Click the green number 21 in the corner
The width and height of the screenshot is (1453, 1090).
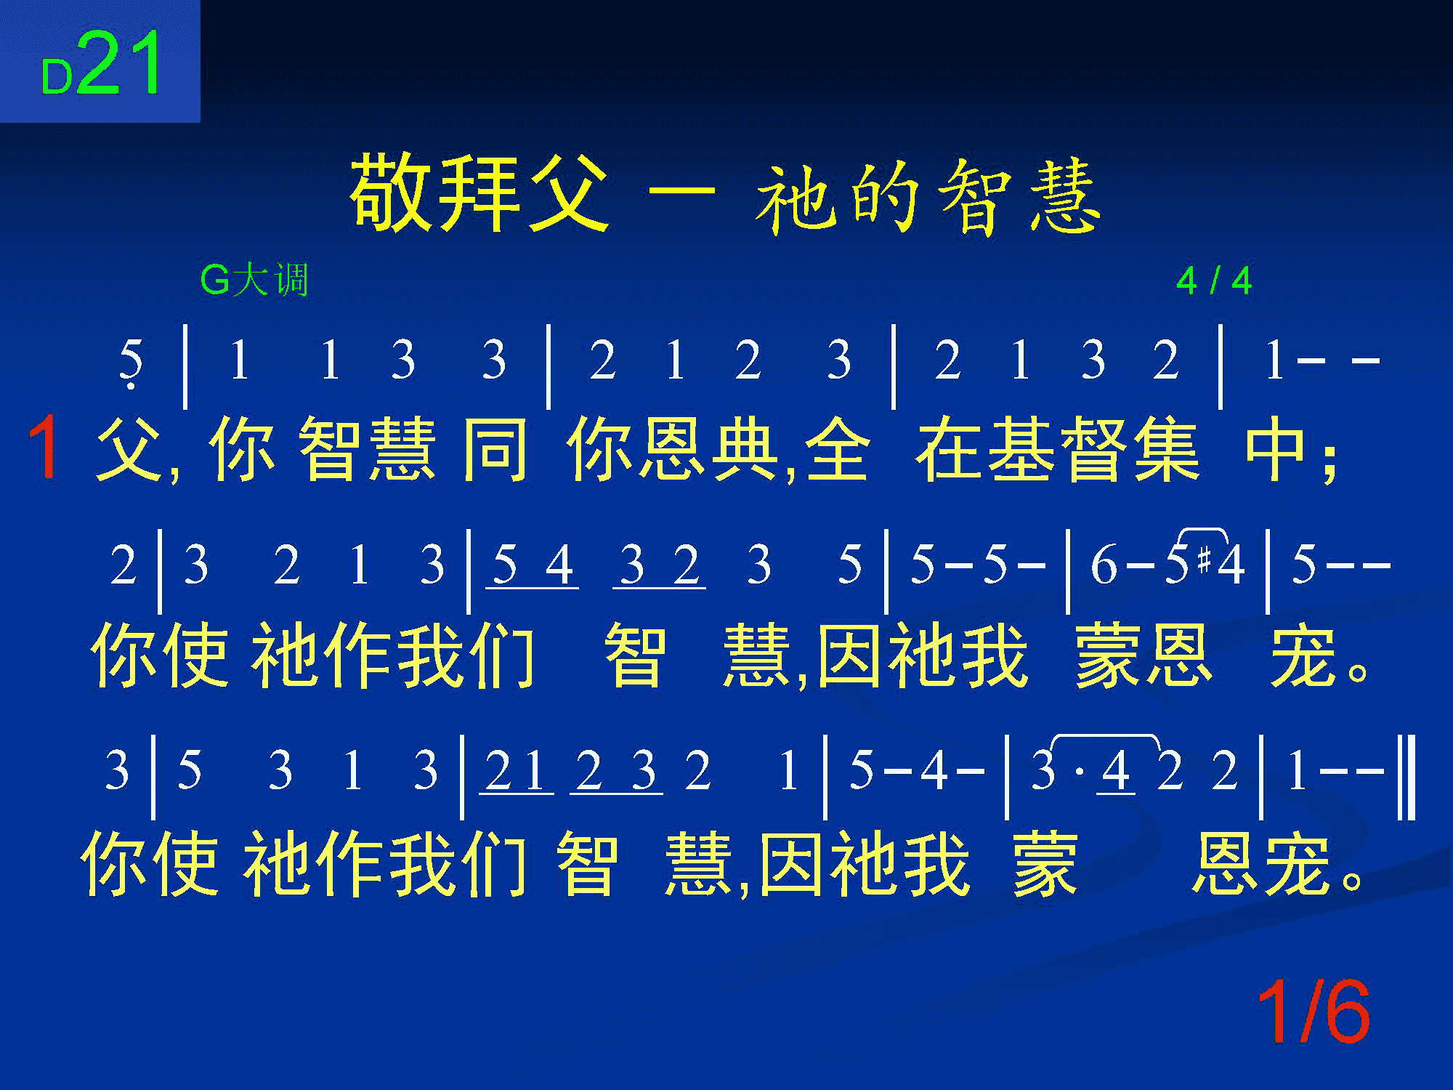pyautogui.click(x=121, y=64)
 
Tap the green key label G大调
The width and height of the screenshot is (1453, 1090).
pyautogui.click(x=254, y=280)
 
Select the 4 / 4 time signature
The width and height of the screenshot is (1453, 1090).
pyautogui.click(x=1214, y=281)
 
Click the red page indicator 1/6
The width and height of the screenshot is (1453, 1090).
pyautogui.click(x=1314, y=1012)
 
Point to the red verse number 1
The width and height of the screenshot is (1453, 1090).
pyautogui.click(x=45, y=447)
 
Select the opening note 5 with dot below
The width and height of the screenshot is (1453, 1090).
pyautogui.click(x=131, y=363)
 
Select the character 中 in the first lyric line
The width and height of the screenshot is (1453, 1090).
pyautogui.click(x=1277, y=449)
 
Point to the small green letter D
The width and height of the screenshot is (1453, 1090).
pyautogui.click(x=57, y=78)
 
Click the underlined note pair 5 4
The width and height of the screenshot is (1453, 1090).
pyautogui.click(x=533, y=567)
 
